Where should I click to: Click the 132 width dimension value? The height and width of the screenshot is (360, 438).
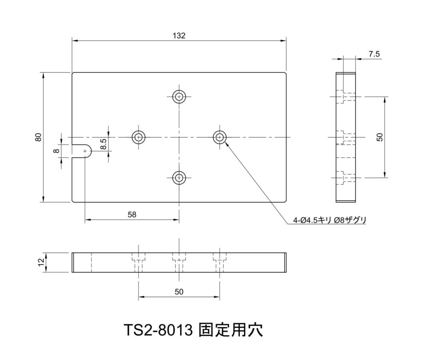(x=179, y=36)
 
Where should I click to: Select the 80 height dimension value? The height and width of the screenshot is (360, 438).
(x=38, y=137)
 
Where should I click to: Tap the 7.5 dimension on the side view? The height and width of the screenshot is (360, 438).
(x=374, y=54)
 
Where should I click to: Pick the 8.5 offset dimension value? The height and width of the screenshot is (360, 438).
(x=104, y=144)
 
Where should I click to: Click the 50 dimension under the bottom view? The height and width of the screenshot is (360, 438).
(x=179, y=292)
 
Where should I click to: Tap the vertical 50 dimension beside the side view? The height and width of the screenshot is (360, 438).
(x=380, y=137)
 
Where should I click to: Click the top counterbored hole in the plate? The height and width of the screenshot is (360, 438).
(x=179, y=97)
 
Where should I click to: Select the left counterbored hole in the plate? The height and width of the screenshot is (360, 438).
(x=139, y=137)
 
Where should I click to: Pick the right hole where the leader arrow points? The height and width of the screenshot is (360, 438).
(x=219, y=137)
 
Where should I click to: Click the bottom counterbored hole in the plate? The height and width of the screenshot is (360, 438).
(x=179, y=177)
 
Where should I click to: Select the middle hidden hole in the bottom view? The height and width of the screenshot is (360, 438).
(x=179, y=263)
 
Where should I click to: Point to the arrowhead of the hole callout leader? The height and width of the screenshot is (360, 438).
(x=226, y=143)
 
